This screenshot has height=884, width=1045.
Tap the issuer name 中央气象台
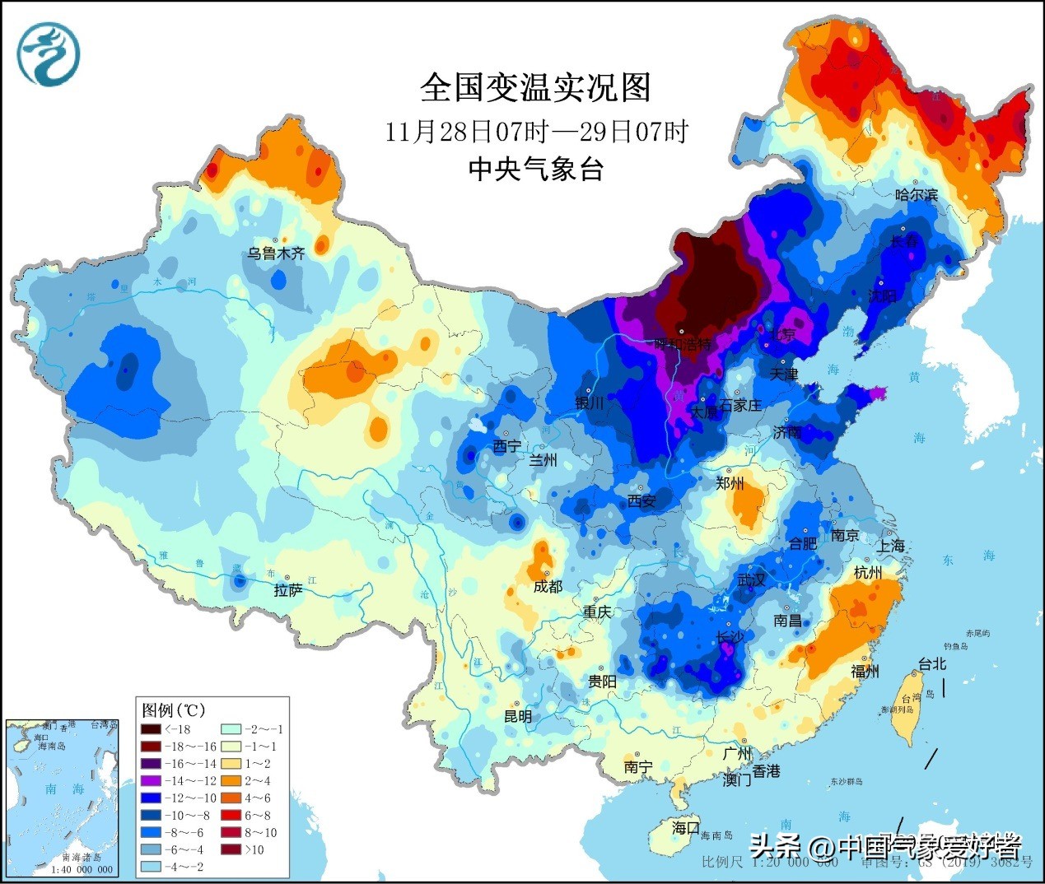click(536, 169)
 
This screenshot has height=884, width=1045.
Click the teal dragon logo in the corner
click(49, 54)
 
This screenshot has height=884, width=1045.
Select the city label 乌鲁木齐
click(276, 254)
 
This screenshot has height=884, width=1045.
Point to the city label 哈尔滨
click(917, 195)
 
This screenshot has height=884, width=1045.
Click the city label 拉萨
click(288, 590)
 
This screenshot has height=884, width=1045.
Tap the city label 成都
click(548, 586)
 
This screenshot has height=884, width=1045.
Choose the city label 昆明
click(518, 716)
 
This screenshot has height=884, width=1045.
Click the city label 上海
click(890, 546)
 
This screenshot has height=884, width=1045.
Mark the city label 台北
click(932, 663)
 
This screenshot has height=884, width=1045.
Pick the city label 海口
click(685, 827)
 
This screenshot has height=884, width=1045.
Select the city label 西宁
click(506, 446)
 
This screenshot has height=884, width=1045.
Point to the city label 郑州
click(730, 483)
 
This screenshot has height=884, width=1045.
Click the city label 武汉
click(751, 580)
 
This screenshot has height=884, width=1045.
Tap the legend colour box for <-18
click(151, 729)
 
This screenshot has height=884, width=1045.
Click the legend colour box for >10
click(231, 849)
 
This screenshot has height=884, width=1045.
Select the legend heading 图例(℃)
click(173, 710)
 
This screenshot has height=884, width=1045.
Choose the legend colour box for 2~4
click(231, 780)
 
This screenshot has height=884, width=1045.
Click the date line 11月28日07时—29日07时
click(536, 132)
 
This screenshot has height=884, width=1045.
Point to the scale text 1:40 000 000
click(82, 869)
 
